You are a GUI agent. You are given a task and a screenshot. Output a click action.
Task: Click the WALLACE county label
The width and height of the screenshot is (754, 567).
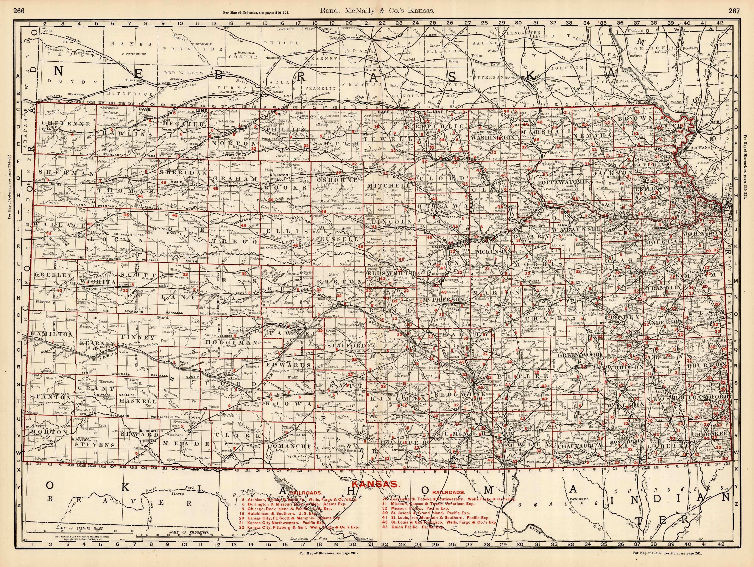[59, 225]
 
